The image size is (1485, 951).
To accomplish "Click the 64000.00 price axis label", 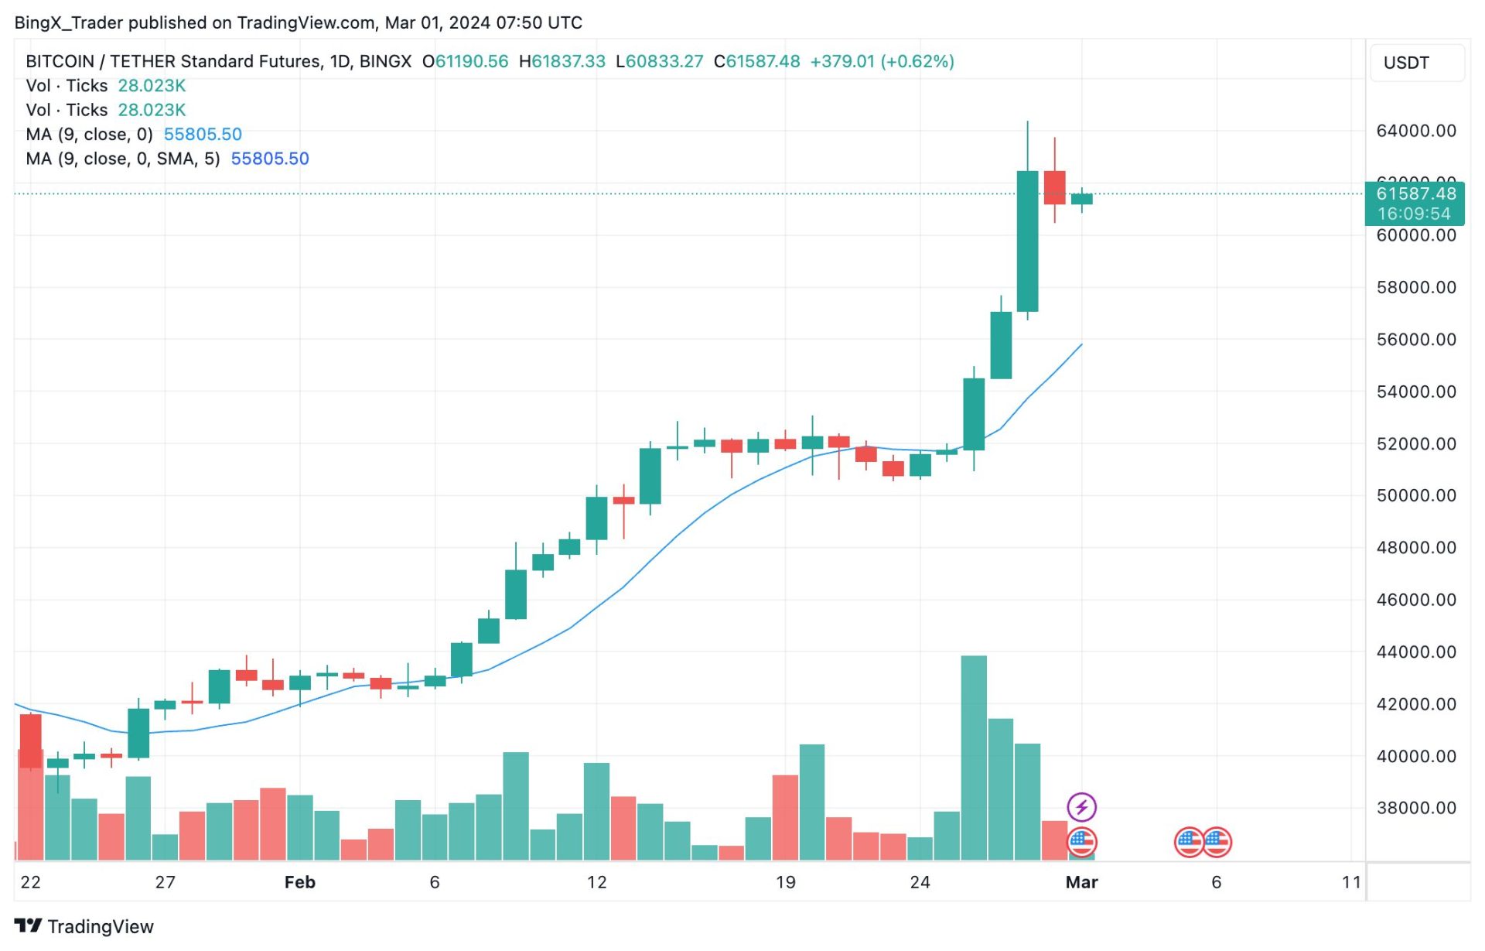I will (x=1415, y=131).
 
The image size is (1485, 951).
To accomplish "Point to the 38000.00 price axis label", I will (x=1415, y=808).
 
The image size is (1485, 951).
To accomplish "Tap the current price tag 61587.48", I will (x=1415, y=193).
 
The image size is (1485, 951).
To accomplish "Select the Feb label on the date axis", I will (x=299, y=882).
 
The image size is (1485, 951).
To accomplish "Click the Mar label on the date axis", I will (x=1081, y=882).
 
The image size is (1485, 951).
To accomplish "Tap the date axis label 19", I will (x=785, y=882).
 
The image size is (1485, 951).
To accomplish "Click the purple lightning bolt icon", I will (x=1081, y=807).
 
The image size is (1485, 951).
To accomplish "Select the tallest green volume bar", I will (x=974, y=758).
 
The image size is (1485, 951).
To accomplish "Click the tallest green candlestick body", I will (x=1027, y=241).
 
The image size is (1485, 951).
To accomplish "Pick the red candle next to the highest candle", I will (x=1054, y=188).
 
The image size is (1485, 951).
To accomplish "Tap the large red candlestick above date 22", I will (x=31, y=741).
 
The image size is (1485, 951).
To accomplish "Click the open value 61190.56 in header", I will (x=471, y=61).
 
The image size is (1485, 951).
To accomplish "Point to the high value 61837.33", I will (x=568, y=61).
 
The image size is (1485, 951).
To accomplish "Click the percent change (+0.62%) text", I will (x=917, y=61).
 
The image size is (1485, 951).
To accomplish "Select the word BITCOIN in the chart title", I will (x=60, y=61).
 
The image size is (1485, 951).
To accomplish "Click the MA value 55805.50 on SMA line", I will (x=269, y=159).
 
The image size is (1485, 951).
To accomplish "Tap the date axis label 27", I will (x=165, y=882).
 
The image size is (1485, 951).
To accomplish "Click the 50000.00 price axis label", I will (x=1415, y=495).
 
